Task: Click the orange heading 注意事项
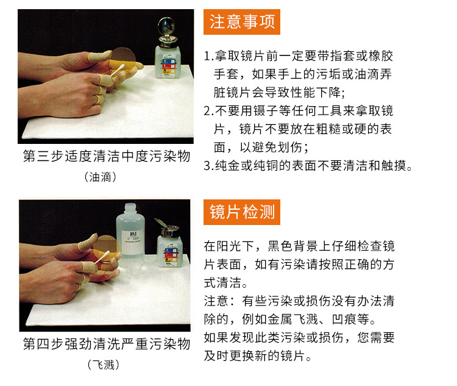(242, 22)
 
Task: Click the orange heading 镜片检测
(242, 212)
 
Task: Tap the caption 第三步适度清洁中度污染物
(107, 156)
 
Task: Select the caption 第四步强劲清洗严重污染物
(107, 344)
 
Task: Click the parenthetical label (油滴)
(101, 177)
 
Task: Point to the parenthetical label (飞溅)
(104, 365)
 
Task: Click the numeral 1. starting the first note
(208, 56)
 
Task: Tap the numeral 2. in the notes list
(208, 111)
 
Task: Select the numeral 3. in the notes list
(208, 166)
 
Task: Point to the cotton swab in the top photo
(118, 70)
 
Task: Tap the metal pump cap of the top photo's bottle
(167, 32)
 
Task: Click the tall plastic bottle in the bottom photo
(130, 234)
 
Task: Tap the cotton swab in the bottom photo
(102, 257)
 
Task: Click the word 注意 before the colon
(216, 301)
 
